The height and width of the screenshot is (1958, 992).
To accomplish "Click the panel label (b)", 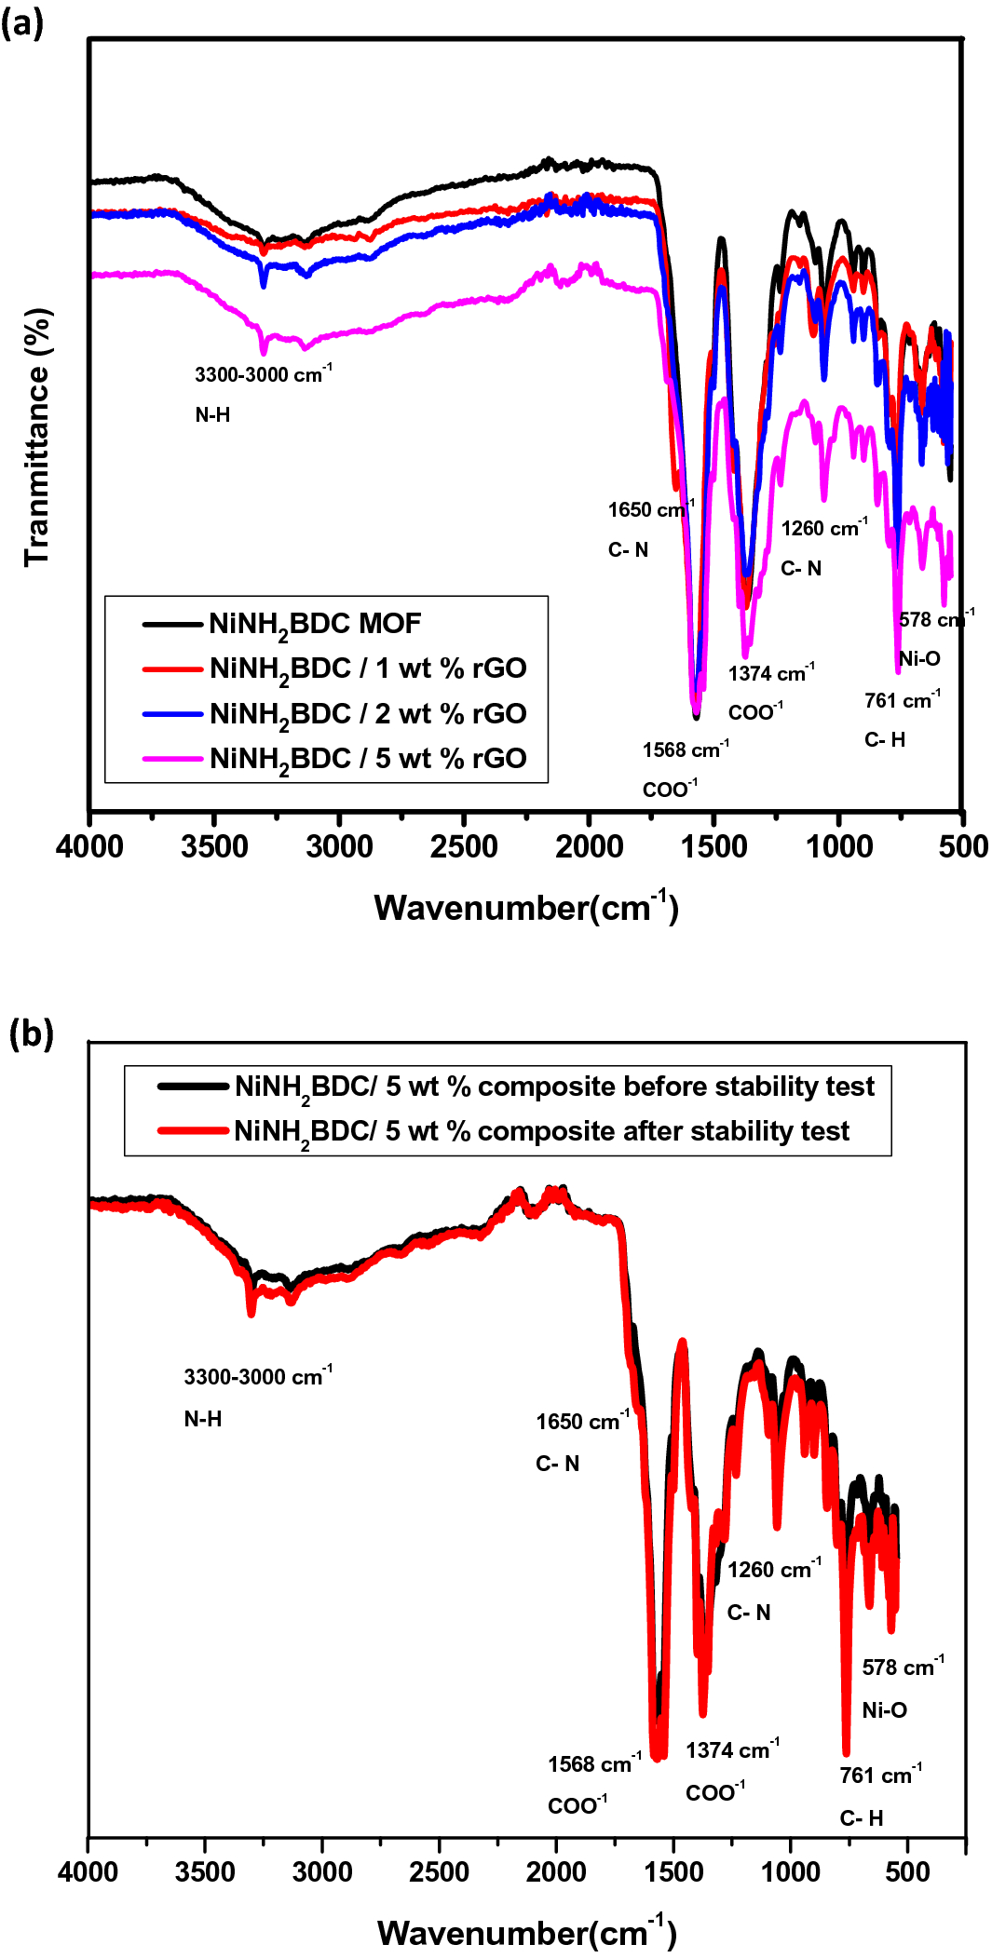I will coord(31,1033).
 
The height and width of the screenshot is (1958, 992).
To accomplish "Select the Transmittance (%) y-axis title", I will coord(37,438).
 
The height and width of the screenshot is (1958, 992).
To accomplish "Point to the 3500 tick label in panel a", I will coord(214,847).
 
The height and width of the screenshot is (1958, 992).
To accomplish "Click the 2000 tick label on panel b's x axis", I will coord(556,1872).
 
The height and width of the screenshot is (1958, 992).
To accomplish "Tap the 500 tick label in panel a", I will coord(963,847).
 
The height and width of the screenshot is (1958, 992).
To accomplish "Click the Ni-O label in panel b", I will coord(884,1710).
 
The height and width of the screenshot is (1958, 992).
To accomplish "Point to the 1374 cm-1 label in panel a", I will coord(770,672).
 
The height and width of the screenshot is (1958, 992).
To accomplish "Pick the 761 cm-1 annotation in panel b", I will coord(880,1775).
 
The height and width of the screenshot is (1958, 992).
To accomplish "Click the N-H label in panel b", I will coord(202,1419).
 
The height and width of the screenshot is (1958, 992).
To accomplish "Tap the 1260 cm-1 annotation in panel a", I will coord(823,528).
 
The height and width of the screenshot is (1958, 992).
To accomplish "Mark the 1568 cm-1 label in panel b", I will coord(594,1763).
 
